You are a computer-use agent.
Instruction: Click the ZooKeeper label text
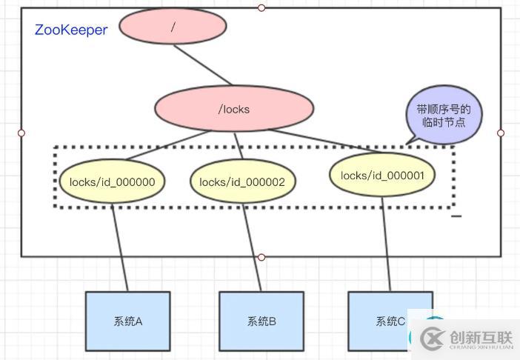[x=71, y=30]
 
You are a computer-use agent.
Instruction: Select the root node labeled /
[x=173, y=27]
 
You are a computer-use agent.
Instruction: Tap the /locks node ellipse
[x=234, y=109]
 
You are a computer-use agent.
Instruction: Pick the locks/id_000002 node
[x=247, y=181]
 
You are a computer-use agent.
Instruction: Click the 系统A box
[x=128, y=321]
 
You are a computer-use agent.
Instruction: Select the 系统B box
[x=261, y=321]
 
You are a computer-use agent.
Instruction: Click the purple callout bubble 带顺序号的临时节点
[x=444, y=115]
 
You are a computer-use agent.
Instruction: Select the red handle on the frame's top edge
[x=261, y=7]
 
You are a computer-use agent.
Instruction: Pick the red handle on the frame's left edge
[x=21, y=133]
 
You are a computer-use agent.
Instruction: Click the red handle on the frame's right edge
[x=501, y=133]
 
